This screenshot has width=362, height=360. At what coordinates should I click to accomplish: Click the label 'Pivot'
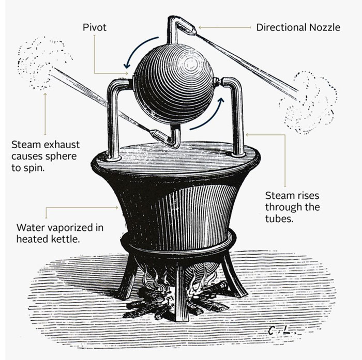click(x=95, y=27)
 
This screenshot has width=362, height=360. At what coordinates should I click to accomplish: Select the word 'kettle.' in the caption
click(x=65, y=239)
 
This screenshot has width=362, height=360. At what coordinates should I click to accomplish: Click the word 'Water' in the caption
click(x=29, y=227)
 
